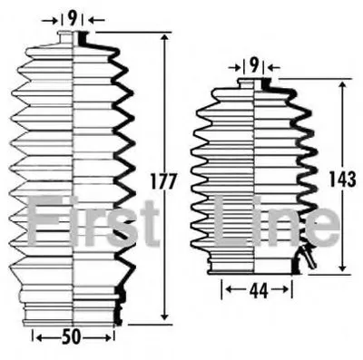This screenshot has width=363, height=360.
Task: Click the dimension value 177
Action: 163,181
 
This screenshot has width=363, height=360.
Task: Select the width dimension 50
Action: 72,336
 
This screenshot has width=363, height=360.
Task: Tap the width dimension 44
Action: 259,291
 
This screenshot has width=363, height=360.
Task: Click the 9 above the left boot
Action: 72,20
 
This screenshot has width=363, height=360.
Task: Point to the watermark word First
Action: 93,220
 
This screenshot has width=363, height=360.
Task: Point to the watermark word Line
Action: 276,220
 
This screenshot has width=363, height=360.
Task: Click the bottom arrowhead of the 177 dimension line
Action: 164,316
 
